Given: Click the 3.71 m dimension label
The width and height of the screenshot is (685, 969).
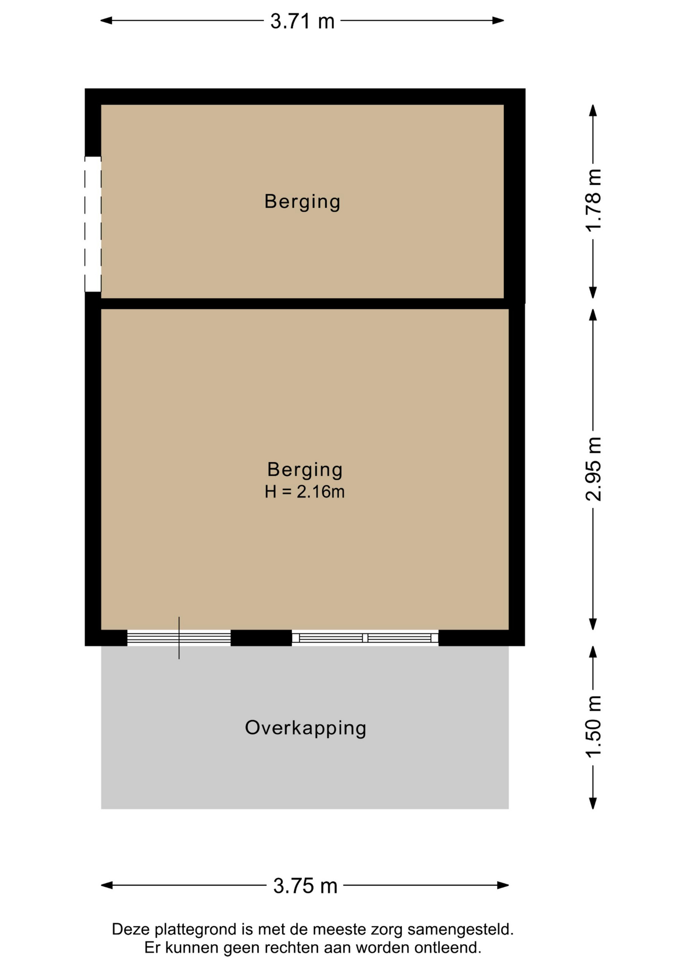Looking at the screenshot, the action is [302, 21].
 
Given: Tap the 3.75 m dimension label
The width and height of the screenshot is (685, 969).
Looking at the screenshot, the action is [305, 886].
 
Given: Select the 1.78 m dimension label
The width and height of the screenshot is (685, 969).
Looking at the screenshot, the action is [594, 200].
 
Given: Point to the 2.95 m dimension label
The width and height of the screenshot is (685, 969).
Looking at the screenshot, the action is [594, 469].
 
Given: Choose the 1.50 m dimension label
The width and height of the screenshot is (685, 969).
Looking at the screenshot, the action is [594, 726].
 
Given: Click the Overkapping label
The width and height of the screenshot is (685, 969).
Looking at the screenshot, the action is [306, 728].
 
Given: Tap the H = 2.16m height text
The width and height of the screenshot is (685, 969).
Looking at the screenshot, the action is [305, 492].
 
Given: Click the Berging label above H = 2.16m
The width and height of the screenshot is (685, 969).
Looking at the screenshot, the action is [305, 470].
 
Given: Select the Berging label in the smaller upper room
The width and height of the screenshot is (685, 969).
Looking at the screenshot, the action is [302, 202].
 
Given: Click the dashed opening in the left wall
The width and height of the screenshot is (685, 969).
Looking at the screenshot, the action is [93, 224].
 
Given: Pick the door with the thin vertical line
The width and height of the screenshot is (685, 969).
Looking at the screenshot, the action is [179, 638].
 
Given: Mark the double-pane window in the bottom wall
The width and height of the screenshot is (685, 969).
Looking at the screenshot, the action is [365, 638].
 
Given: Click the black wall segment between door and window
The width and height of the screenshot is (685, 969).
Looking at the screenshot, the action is [261, 638].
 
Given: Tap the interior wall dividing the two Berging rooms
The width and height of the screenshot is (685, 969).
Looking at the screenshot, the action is [305, 303].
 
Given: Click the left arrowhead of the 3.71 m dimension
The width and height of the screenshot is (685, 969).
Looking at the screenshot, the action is [106, 21].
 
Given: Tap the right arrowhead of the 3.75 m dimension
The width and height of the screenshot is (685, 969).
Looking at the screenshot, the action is [503, 885].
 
